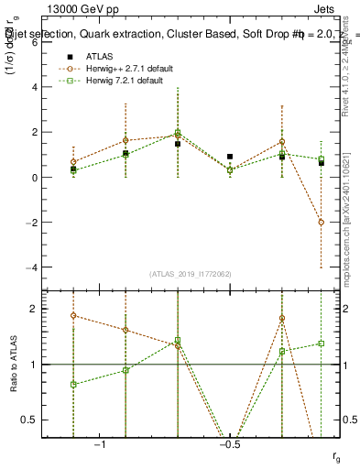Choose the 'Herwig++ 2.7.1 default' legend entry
(x=125, y=69)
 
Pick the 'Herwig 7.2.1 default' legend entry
(x=123, y=81)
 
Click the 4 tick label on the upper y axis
(x=34, y=87)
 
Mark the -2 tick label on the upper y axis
(x=31, y=223)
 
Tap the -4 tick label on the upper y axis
(x=31, y=267)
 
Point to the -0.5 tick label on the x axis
(x=229, y=444)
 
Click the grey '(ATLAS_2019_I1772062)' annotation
(x=190, y=274)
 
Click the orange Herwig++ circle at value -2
(x=322, y=222)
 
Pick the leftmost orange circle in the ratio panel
(x=73, y=315)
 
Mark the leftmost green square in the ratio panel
(x=73, y=385)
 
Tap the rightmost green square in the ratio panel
(x=322, y=344)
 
